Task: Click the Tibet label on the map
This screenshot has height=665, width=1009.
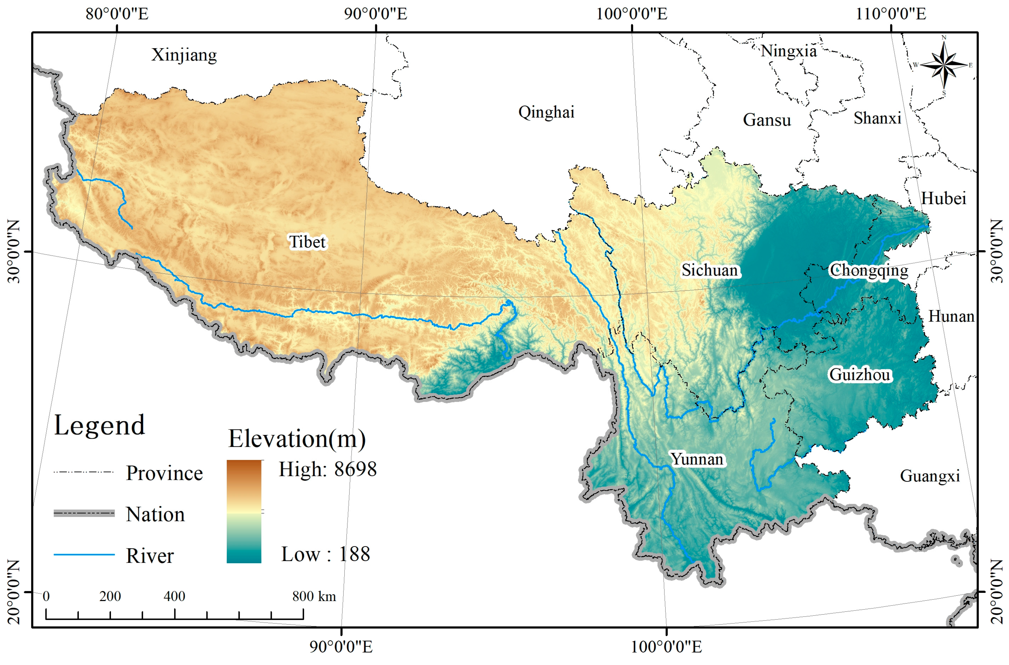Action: click(x=307, y=242)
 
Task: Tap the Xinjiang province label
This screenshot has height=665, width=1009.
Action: click(x=184, y=55)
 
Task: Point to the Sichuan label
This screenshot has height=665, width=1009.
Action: click(x=710, y=270)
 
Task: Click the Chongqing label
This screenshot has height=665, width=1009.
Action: click(x=868, y=270)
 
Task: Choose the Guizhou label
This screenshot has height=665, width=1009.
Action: click(x=860, y=375)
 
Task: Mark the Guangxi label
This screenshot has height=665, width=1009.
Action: click(x=930, y=476)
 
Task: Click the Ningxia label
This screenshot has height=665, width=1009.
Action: click(x=788, y=51)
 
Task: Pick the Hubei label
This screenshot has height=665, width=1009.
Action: click(x=943, y=198)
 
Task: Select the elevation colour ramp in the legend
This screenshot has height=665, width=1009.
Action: click(x=244, y=511)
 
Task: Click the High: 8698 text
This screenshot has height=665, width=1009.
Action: click(x=327, y=469)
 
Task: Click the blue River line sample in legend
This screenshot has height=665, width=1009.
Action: click(x=84, y=554)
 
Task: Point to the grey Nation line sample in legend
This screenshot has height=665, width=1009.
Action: click(x=84, y=513)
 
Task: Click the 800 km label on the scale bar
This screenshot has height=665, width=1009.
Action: click(x=314, y=596)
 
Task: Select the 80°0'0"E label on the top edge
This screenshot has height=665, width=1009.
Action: click(x=117, y=14)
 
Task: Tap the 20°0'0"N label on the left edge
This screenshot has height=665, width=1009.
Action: click(x=14, y=592)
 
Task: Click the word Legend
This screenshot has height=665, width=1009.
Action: click(x=99, y=425)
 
